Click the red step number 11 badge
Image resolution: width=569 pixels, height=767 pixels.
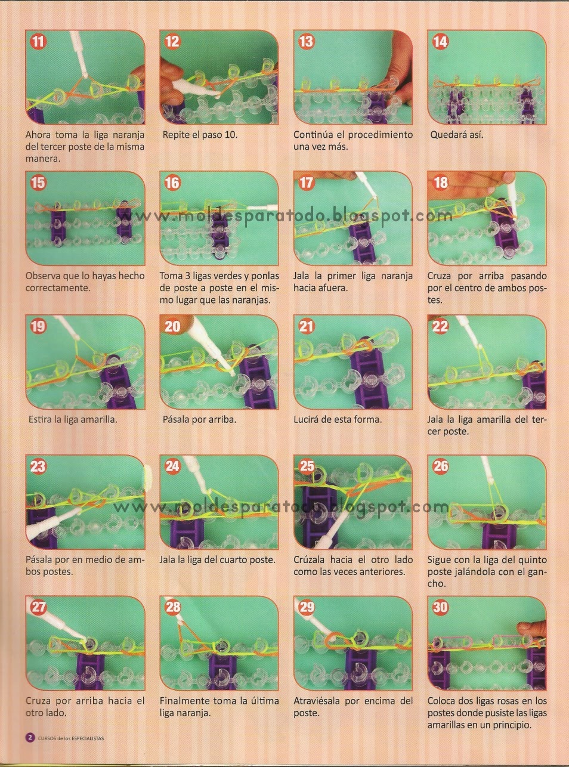(x=38, y=42)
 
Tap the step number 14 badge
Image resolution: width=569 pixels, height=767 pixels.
(x=440, y=42)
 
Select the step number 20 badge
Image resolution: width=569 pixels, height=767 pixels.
(x=172, y=326)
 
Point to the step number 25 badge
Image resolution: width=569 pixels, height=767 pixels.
(x=307, y=466)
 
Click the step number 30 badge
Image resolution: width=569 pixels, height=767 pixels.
(x=440, y=607)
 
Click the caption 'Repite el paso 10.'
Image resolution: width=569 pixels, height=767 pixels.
(x=200, y=135)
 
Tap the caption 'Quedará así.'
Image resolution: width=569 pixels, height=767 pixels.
(x=457, y=135)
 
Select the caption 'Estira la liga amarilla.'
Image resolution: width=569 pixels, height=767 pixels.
(x=73, y=419)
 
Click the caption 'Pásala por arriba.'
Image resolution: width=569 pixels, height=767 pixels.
(x=200, y=419)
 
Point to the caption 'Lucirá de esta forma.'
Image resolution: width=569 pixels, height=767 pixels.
(x=338, y=419)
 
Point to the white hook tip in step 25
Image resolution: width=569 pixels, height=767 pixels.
(x=345, y=514)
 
